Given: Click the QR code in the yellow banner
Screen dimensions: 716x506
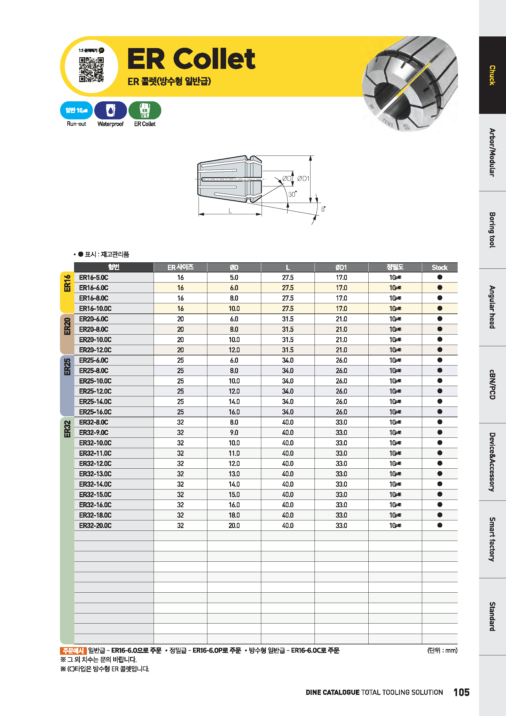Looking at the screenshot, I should click(91, 69).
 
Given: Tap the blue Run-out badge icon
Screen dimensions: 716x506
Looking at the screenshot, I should click(76, 111).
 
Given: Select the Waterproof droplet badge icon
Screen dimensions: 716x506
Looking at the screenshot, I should click(111, 111).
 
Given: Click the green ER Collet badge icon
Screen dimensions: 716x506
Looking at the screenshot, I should click(145, 111).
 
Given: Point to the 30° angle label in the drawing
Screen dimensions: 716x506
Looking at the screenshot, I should click(292, 194).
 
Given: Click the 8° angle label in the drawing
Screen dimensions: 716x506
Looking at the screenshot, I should click(323, 209).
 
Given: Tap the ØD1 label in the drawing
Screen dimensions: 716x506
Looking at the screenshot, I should click(303, 178).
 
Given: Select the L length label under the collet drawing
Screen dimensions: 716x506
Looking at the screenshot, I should click(230, 211).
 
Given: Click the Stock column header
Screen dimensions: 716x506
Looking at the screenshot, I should click(439, 268).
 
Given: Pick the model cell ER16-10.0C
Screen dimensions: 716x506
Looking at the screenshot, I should click(95, 309).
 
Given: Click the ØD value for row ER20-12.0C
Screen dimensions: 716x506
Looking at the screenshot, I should click(234, 350).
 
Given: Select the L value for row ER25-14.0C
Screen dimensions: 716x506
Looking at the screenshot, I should click(288, 402).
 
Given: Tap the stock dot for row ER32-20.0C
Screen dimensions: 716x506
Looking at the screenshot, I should click(440, 525).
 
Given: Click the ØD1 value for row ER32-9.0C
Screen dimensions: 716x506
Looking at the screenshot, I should click(341, 433).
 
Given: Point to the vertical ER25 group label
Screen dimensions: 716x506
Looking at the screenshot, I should click(67, 367).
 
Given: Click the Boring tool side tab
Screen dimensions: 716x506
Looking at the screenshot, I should click(492, 230).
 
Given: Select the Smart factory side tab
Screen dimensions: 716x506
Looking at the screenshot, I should click(492, 539).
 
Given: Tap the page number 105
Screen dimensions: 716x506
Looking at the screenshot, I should click(461, 692).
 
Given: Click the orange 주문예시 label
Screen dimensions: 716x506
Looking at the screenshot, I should click(73, 650).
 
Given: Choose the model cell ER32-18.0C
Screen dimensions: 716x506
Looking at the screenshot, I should click(95, 515).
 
